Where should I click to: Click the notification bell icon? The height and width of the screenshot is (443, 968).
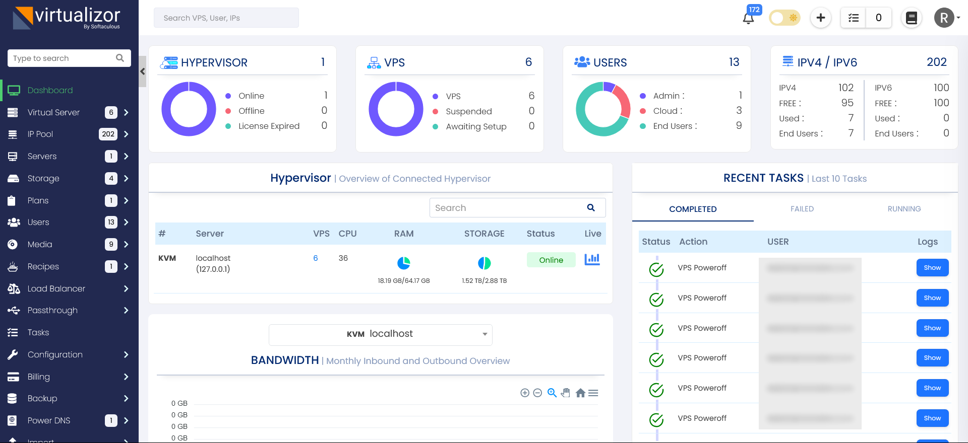click(x=748, y=19)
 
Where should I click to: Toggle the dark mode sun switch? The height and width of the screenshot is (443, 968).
click(x=784, y=18)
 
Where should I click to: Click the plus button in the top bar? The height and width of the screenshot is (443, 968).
click(x=821, y=18)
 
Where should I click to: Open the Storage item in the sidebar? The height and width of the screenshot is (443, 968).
click(x=43, y=178)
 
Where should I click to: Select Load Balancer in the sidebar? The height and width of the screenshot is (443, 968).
click(x=56, y=288)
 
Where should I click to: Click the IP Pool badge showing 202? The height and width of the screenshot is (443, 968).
click(x=108, y=134)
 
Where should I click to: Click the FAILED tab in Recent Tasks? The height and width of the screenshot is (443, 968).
click(x=802, y=209)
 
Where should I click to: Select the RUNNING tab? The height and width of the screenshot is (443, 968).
click(x=904, y=209)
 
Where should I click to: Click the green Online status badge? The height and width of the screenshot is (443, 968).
click(x=551, y=260)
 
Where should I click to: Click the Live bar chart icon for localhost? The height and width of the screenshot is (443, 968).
click(x=592, y=259)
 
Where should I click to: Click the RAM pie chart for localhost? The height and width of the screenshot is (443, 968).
click(x=404, y=263)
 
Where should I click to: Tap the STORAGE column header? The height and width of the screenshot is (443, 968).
click(x=484, y=234)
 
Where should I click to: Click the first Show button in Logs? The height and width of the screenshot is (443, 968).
click(x=932, y=268)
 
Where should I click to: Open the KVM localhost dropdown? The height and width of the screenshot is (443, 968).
click(x=380, y=334)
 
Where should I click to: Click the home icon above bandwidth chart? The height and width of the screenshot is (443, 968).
click(x=580, y=393)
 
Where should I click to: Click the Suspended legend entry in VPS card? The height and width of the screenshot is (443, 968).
click(x=468, y=111)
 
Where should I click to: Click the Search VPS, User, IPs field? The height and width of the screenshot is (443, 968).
click(x=226, y=18)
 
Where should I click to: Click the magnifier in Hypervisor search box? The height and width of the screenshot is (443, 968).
click(x=591, y=207)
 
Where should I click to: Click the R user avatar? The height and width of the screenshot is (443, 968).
click(x=944, y=18)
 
